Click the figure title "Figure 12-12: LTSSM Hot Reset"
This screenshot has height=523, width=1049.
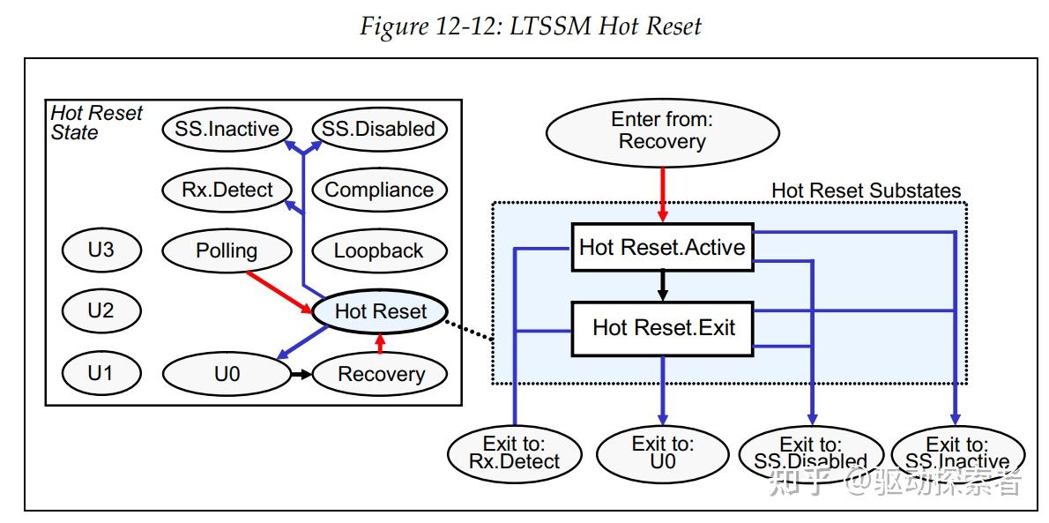(x=531, y=26)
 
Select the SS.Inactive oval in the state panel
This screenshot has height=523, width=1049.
(x=227, y=129)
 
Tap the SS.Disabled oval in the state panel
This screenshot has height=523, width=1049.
(x=379, y=129)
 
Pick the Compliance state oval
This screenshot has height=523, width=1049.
(x=379, y=190)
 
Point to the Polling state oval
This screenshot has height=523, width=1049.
(x=227, y=250)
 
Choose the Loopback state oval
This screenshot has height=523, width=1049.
(x=379, y=250)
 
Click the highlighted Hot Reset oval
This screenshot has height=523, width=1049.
(x=380, y=311)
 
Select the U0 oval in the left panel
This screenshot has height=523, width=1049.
(x=227, y=374)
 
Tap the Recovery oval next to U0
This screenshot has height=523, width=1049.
(x=381, y=374)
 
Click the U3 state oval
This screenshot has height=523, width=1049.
(x=101, y=250)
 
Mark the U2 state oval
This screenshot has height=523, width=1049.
(x=101, y=310)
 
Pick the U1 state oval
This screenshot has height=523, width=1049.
(x=101, y=373)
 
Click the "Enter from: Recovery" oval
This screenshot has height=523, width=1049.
(x=662, y=131)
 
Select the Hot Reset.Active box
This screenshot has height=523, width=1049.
(x=662, y=247)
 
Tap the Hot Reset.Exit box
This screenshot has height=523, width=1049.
(x=663, y=328)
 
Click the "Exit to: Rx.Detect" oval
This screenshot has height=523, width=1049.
(x=515, y=452)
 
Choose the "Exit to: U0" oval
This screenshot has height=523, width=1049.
(x=662, y=453)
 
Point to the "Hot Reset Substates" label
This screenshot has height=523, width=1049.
(x=866, y=191)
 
